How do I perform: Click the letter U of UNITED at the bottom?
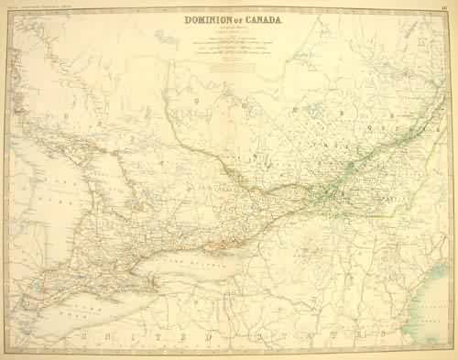tap(85, 341)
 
